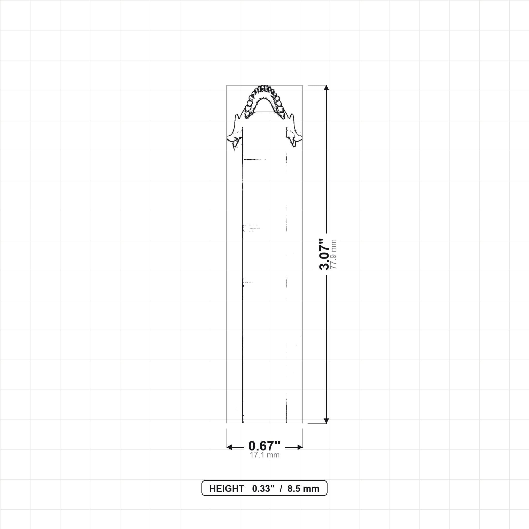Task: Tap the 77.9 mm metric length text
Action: (x=333, y=254)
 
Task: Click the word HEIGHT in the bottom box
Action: (x=227, y=489)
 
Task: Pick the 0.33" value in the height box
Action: (x=263, y=489)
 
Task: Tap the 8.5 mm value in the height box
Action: (x=304, y=489)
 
